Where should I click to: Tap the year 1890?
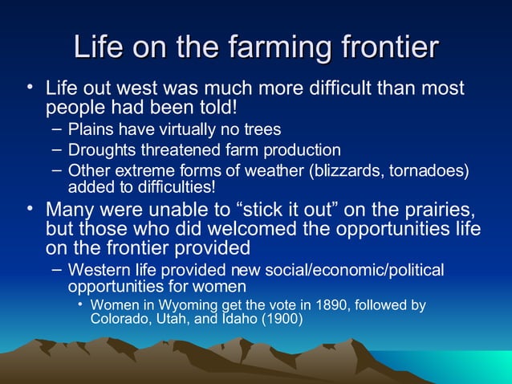pyautogui.click(x=301, y=305)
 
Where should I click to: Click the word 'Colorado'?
pyautogui.click(x=120, y=319)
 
